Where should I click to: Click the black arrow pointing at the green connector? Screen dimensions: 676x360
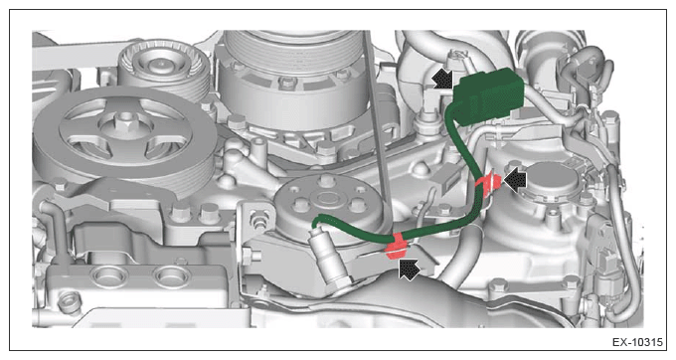click(x=442, y=80)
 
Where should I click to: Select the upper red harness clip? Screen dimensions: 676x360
click(x=488, y=184)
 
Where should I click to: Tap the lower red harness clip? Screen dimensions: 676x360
click(x=397, y=247)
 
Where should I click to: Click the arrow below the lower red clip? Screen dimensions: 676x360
click(x=410, y=270)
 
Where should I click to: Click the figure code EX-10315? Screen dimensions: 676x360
click(x=637, y=342)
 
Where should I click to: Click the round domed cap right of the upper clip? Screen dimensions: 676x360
click(x=553, y=180)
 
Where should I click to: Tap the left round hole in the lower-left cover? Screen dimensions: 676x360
click(x=104, y=273)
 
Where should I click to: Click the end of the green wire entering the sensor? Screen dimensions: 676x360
click(x=316, y=225)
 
